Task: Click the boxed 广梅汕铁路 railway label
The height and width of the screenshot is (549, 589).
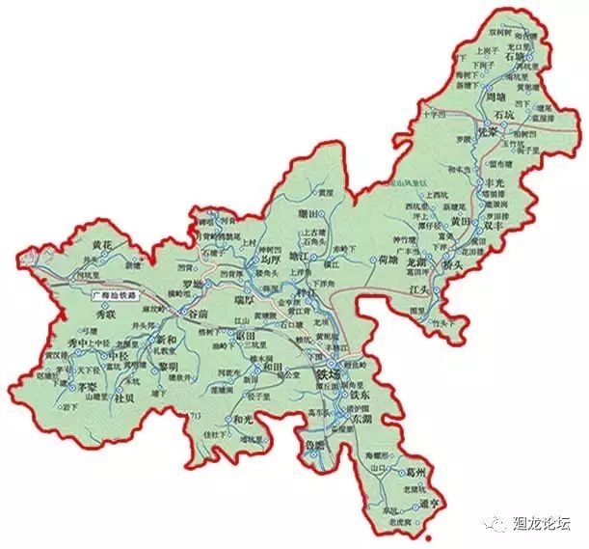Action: coord(114,292)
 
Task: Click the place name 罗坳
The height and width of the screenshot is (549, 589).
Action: coord(194,285)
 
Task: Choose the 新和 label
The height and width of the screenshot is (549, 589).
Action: coord(167,341)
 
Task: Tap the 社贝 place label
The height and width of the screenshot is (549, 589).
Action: coord(125,396)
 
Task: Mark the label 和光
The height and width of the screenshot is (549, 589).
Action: coord(244,420)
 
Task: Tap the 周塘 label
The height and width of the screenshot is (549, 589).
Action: coord(496,98)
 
